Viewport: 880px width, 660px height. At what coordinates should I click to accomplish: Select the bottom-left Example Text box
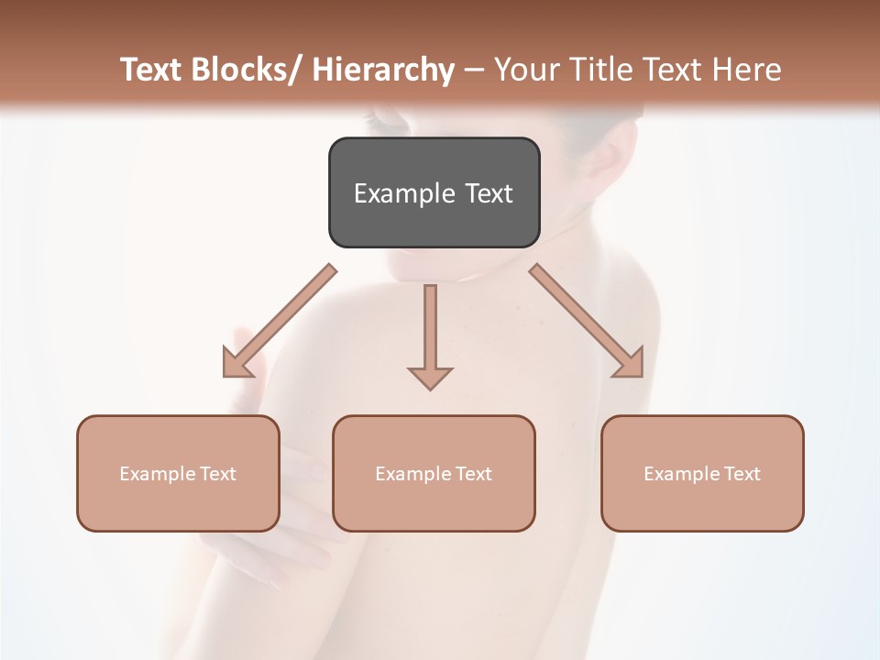[178, 474]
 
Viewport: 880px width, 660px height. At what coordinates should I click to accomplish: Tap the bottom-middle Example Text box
[434, 474]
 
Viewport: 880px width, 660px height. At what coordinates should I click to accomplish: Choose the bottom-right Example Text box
[702, 474]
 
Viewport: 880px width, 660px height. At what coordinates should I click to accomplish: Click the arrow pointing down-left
[280, 321]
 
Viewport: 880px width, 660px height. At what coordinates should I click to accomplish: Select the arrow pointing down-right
[587, 321]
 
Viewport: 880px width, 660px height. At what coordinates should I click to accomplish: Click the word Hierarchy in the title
[383, 70]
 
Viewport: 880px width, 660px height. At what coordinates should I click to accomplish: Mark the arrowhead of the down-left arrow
[237, 362]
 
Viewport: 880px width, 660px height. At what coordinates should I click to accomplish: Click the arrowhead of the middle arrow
[430, 377]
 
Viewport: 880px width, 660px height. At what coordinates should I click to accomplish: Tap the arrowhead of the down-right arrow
[629, 362]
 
